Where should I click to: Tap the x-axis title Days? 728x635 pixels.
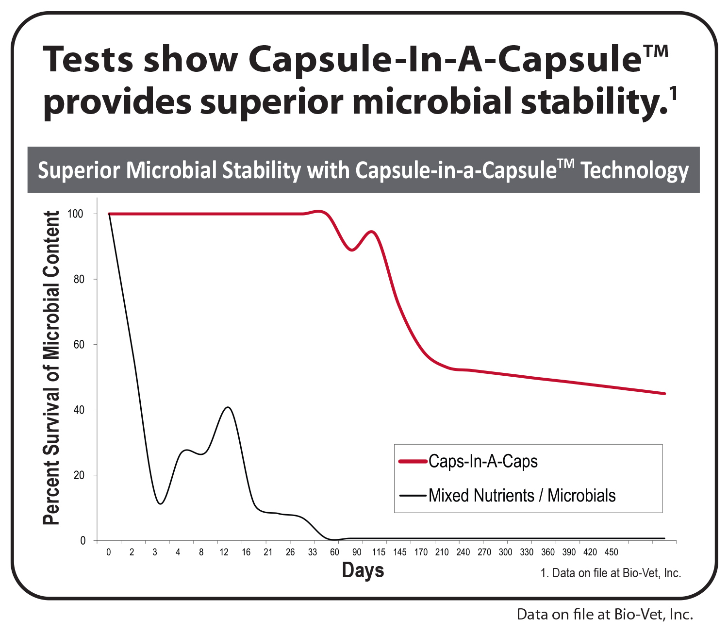point(363,570)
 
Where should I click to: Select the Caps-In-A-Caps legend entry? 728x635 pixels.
point(483,461)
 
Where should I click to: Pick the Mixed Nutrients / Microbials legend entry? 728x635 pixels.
point(522,496)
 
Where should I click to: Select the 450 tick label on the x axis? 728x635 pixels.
point(611,552)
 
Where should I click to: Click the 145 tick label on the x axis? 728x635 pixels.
point(400,552)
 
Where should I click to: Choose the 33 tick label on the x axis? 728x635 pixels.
point(313,552)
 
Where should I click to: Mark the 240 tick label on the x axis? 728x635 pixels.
point(463,552)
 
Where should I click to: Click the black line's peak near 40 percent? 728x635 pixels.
point(228,407)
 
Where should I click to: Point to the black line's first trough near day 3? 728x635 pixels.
point(160,503)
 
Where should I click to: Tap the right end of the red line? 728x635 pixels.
point(664,393)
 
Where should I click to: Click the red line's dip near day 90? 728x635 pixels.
point(352,250)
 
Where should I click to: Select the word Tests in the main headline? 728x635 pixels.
point(88,59)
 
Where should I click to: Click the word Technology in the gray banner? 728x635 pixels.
point(635,170)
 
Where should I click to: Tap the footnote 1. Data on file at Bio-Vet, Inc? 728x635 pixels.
point(611,573)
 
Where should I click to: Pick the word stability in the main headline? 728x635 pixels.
point(591,102)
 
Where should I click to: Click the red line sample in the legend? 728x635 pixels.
point(413,461)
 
